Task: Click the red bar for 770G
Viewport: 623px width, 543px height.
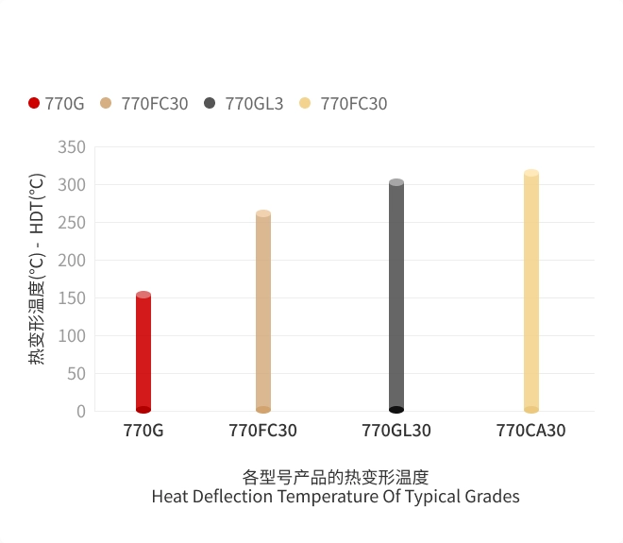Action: [x=143, y=352]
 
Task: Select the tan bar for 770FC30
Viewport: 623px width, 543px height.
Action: [x=263, y=312]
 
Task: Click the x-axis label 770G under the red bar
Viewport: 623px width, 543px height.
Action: [x=143, y=431]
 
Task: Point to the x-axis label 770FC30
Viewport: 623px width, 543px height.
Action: [x=263, y=431]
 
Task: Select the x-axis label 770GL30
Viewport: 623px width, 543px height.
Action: [x=396, y=431]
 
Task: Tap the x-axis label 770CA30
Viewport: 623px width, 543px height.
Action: [x=531, y=431]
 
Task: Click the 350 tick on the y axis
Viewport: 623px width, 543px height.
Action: [x=72, y=147]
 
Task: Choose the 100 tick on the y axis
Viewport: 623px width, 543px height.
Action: [x=72, y=336]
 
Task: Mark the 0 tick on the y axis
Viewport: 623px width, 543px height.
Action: [x=81, y=412]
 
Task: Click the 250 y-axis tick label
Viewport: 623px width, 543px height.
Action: [x=72, y=223]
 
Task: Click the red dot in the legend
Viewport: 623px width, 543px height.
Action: [x=34, y=103]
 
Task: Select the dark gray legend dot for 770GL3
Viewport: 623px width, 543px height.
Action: [x=210, y=103]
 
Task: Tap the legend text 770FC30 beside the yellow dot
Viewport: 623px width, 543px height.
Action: [x=354, y=104]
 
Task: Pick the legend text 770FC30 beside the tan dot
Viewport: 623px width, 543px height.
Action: [x=155, y=104]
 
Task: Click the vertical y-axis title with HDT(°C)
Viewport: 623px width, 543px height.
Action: [x=37, y=269]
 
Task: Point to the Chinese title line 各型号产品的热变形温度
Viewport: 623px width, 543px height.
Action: [x=335, y=476]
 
